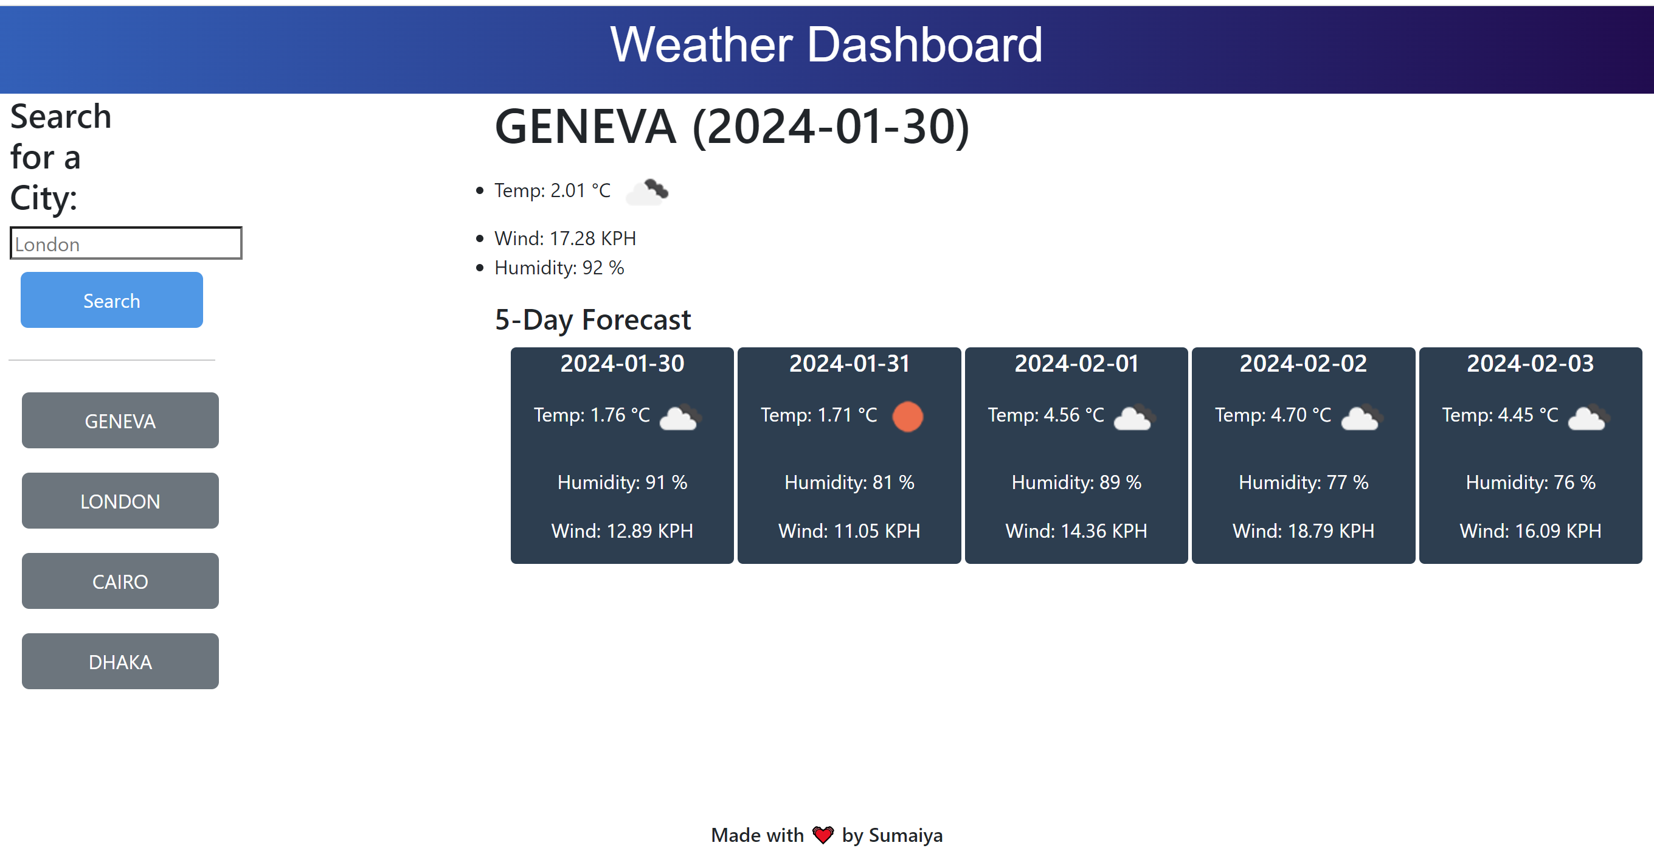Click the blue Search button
112,300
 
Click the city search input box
126,243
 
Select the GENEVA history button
120,420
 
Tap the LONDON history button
120,501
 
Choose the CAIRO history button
120,581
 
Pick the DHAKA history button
120,661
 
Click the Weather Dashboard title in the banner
826,45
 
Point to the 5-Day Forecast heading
593,320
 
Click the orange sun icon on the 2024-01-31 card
907,416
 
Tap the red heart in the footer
823,835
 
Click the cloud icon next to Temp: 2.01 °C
647,192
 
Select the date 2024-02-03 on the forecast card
1530,364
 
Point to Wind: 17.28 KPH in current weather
565,238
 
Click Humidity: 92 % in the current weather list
559,268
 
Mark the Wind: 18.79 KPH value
1303,531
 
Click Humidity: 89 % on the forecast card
1076,482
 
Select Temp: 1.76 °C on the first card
591,415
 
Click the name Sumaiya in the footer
905,835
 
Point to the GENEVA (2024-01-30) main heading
732,127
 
